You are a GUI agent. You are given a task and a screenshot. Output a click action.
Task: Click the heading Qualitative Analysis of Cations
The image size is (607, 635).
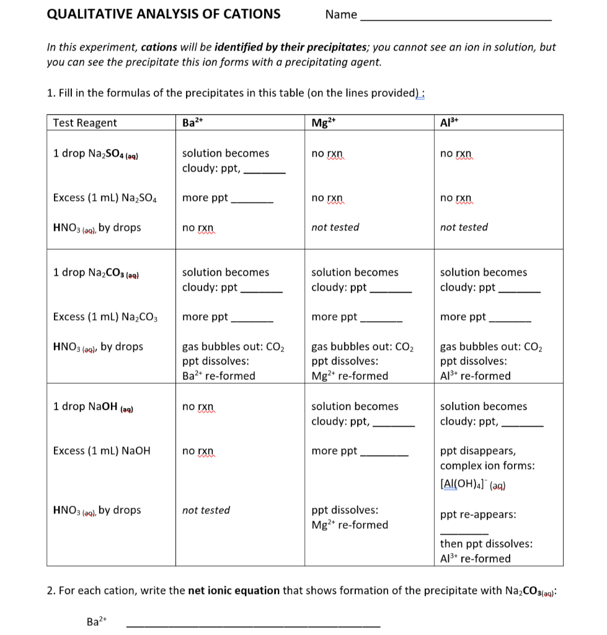(164, 14)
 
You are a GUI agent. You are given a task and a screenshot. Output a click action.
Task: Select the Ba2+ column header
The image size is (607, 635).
(188, 122)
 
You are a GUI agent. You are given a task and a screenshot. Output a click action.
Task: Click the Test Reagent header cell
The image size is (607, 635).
(85, 122)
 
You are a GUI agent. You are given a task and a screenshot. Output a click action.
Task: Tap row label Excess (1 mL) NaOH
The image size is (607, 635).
(102, 451)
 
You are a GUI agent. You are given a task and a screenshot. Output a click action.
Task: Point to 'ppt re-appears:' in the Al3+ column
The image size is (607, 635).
(478, 515)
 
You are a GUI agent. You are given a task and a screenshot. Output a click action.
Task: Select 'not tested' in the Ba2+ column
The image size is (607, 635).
(206, 510)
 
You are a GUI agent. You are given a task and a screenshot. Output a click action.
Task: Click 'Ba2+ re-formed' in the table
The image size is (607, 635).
(218, 376)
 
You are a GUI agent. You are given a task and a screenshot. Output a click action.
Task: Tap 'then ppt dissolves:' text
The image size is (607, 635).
(486, 544)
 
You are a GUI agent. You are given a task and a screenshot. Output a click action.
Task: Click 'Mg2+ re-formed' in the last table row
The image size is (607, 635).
(350, 525)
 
